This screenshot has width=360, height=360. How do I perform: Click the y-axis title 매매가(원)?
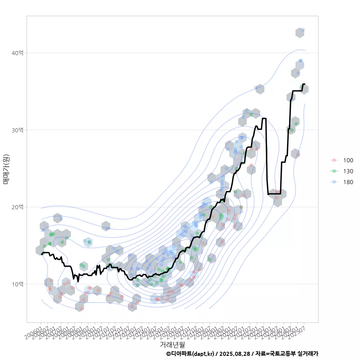point(6,169)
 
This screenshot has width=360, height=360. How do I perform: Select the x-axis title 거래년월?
point(172,344)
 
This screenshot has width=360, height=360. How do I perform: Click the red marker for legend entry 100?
point(333,160)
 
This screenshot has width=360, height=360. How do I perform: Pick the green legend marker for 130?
point(333,171)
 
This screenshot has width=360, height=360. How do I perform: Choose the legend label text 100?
point(348,160)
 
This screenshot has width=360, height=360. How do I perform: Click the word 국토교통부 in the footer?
point(283,354)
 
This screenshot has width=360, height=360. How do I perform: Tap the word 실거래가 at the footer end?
point(308,354)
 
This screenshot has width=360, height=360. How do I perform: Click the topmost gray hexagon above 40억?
point(300,33)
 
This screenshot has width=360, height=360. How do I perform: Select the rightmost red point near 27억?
point(298,154)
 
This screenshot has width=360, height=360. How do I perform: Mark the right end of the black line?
point(304,84)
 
